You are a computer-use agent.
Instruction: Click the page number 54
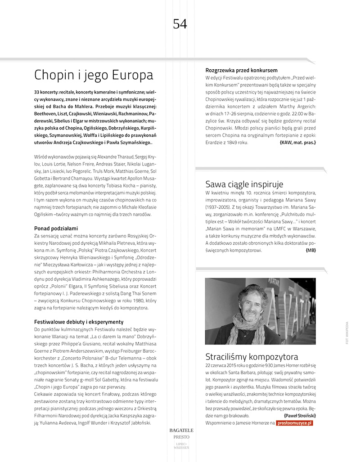(x=180, y=23)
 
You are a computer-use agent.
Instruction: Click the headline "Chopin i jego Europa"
(x=94, y=74)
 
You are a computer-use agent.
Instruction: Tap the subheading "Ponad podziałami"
(x=56, y=228)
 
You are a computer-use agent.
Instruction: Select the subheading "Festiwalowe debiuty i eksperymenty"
(x=79, y=322)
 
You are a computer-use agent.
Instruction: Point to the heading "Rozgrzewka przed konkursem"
(x=241, y=71)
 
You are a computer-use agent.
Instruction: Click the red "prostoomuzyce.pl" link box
(x=294, y=423)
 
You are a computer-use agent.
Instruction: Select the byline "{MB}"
(x=310, y=250)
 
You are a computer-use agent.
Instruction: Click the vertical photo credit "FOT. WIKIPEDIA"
(x=347, y=332)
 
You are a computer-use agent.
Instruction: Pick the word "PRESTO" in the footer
(x=180, y=437)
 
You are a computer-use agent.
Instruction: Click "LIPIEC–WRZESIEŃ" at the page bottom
(x=180, y=446)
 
